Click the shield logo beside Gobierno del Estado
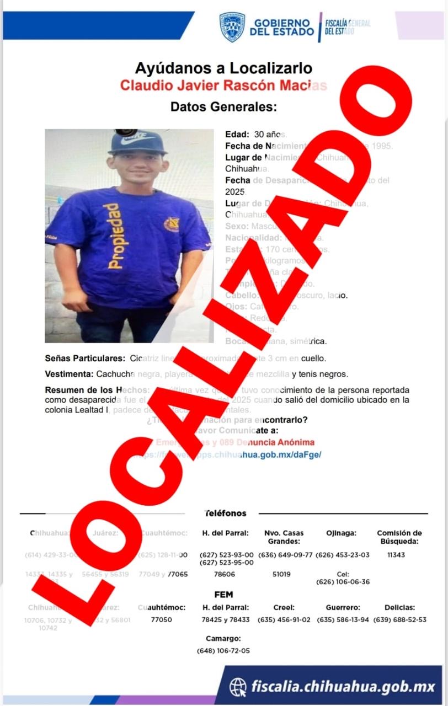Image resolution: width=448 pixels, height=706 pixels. [x=232, y=27]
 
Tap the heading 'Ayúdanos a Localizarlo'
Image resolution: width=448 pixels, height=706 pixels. [x=223, y=68]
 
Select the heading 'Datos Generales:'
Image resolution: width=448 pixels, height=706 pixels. [x=223, y=107]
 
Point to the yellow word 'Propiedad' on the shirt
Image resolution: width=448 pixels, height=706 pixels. [x=112, y=237]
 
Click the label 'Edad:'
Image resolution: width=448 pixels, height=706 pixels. [x=237, y=134]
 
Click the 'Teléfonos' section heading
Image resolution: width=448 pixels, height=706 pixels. [x=226, y=513]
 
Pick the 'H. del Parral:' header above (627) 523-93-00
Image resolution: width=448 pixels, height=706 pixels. [x=226, y=533]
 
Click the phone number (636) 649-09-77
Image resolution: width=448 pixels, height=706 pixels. [x=285, y=555]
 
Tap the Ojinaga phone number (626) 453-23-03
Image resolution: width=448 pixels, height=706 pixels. [x=343, y=555]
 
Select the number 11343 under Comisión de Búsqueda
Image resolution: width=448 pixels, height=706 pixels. [x=396, y=555]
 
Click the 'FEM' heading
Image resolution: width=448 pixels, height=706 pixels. [x=223, y=595]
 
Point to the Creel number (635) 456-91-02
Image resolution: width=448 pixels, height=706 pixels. [x=285, y=619]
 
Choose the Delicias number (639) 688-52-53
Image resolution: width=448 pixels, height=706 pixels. [x=400, y=619]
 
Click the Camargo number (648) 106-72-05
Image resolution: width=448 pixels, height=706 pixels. [x=223, y=650]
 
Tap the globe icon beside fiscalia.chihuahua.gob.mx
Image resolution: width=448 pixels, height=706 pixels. [x=238, y=687]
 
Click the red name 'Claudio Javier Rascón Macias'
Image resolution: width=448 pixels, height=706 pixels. [x=223, y=85]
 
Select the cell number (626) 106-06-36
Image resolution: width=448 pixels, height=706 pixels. [x=343, y=582]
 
